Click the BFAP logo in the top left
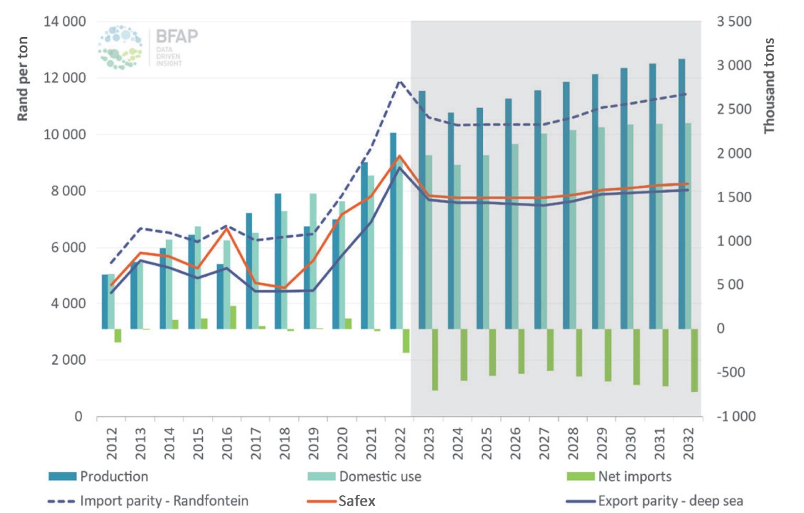coord(148,48)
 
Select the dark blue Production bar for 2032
coord(682,193)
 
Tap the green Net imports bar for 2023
coord(435,359)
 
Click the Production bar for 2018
coord(278,261)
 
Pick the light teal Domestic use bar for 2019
coord(313,261)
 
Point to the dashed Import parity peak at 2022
coord(400,82)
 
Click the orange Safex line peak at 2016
coord(227,229)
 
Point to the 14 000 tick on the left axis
coord(65,21)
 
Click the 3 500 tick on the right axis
coord(734,21)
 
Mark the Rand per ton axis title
coord(23,78)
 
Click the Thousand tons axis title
coord(768,85)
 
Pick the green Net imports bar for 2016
coord(233,317)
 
